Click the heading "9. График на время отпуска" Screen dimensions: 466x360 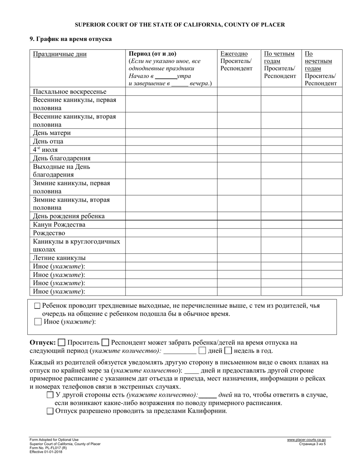coord(70,39)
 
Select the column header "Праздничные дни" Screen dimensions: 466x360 coord(59,54)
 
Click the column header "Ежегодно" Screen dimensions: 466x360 coord(234,54)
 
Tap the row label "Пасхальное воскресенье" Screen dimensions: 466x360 coord(70,91)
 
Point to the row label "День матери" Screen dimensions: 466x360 coord(52,133)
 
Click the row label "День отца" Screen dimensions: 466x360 coord(48,141)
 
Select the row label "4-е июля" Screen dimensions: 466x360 coord(45,150)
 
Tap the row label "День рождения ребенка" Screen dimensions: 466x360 coord(69,216)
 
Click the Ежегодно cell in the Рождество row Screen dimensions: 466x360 coord(239,233)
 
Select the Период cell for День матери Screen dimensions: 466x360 coord(171,133)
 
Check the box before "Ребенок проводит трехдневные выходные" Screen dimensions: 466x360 coord(37,306)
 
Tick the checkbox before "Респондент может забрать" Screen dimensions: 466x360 coord(106,343)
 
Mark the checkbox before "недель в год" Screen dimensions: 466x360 coord(228,350)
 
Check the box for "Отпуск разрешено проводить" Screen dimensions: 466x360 coord(50,411)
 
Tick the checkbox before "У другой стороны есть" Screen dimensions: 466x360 coord(50,395)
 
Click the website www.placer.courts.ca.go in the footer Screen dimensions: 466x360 coord(306,440)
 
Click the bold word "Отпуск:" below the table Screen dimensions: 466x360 coord(42,343)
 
